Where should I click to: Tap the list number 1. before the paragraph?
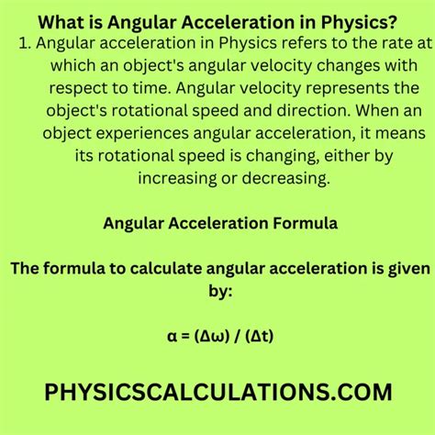[x=24, y=45]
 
